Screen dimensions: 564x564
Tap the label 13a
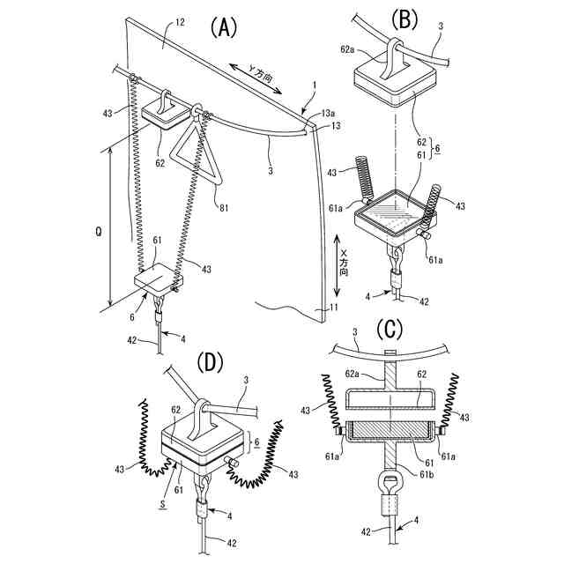pos(328,113)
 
